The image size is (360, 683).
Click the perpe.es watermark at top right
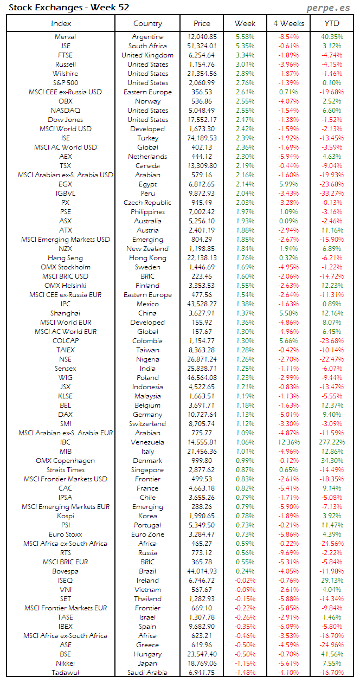coord(329,8)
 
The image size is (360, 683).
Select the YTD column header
coord(332,23)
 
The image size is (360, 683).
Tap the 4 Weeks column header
coord(288,23)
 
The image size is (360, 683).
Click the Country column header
coord(147,23)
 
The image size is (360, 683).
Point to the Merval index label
coord(65,37)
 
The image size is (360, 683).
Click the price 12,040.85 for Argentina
coord(202,37)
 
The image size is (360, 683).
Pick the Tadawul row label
coord(65,673)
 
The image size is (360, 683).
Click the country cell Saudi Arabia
coord(147,673)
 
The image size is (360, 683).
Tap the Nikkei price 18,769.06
coord(202,663)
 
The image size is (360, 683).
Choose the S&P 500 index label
coord(65,83)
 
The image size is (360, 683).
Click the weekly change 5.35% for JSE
coord(245,46)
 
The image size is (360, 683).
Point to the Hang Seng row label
coord(65,258)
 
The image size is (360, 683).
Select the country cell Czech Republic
coord(147,203)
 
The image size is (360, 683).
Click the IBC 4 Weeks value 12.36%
coord(288,442)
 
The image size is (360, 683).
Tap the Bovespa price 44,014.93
coord(202,571)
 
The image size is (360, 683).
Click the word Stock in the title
coord(19,8)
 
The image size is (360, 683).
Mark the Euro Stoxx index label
coord(65,534)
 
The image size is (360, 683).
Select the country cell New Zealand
coord(147,249)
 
